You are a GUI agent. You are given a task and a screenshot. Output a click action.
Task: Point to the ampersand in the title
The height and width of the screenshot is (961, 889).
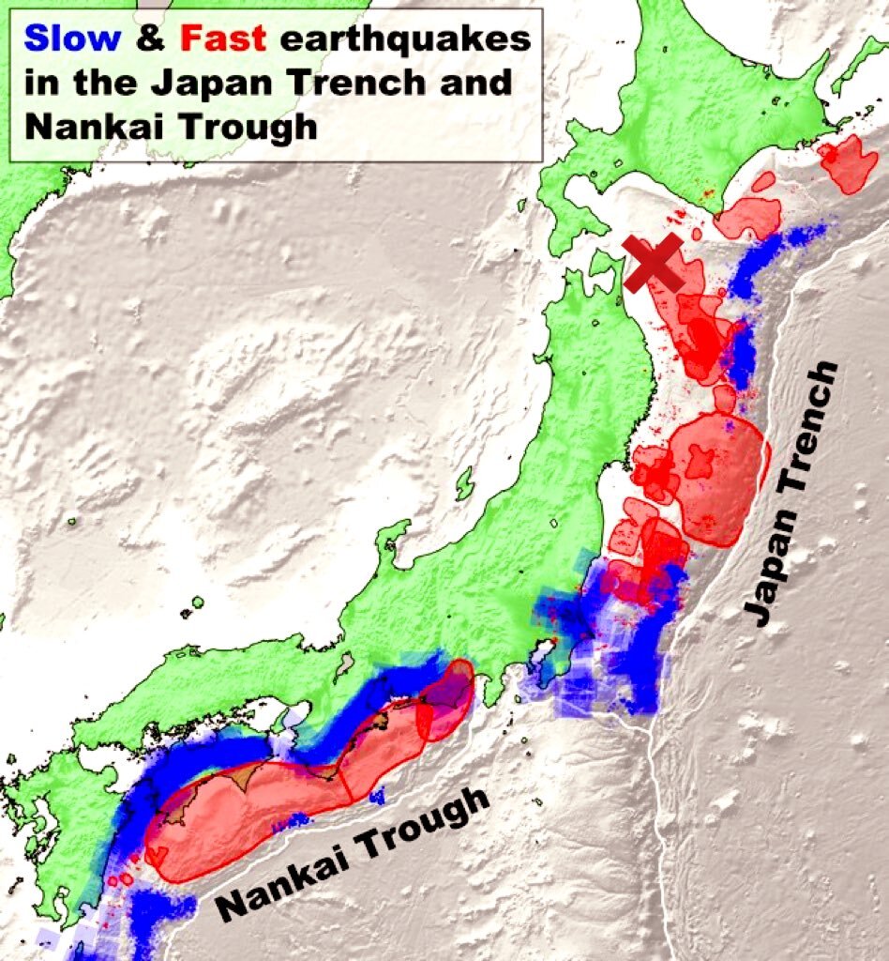[150, 39]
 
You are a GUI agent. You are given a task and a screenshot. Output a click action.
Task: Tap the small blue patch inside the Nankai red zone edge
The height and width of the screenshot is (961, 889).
[377, 797]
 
